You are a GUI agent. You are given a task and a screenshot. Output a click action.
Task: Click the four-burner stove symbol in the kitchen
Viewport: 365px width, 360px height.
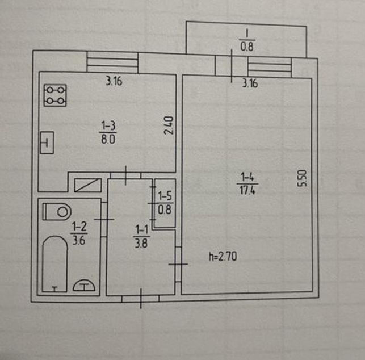pyautogui.click(x=55, y=95)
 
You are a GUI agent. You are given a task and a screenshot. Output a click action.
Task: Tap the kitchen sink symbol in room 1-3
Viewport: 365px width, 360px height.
pyautogui.click(x=47, y=143)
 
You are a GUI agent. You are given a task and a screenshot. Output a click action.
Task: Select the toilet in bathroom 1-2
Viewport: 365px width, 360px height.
pyautogui.click(x=57, y=212)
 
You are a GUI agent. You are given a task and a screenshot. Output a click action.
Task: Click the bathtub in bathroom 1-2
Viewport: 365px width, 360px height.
pyautogui.click(x=54, y=264)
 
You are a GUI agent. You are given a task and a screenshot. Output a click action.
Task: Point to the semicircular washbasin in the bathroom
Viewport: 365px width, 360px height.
pyautogui.click(x=84, y=285)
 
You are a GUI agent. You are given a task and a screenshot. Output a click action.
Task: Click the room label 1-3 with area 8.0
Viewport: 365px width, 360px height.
pyautogui.click(x=108, y=132)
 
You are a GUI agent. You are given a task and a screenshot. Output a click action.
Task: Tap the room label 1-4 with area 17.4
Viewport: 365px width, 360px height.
pyautogui.click(x=247, y=183)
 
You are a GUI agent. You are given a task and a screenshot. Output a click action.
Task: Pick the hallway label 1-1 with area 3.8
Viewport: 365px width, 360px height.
pyautogui.click(x=141, y=236)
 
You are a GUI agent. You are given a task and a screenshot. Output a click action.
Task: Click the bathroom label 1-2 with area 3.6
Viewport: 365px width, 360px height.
pyautogui.click(x=79, y=233)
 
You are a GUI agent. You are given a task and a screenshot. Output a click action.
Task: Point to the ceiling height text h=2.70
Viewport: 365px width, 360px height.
pyautogui.click(x=223, y=257)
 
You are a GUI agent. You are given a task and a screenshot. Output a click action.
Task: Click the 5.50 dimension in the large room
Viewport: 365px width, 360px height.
pyautogui.click(x=303, y=178)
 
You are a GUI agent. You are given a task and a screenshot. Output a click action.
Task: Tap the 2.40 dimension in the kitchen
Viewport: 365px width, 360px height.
pyautogui.click(x=169, y=125)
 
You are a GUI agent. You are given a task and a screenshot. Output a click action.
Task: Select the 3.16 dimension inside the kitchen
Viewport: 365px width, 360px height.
pyautogui.click(x=114, y=81)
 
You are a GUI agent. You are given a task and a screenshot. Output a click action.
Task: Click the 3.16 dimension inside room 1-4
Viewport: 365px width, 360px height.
pyautogui.click(x=250, y=83)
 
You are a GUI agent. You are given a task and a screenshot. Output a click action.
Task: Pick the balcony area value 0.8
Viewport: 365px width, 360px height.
pyautogui.click(x=247, y=46)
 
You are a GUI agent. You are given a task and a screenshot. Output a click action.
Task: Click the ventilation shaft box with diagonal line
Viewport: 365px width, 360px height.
pyautogui.click(x=88, y=185)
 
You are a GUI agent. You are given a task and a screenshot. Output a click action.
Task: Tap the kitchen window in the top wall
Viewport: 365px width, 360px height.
pyautogui.click(x=112, y=62)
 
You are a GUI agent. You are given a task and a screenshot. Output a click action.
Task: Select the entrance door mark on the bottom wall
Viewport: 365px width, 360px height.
pyautogui.click(x=141, y=299)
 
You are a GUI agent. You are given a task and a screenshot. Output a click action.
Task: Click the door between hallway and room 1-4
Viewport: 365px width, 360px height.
pyautogui.click(x=178, y=264)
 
